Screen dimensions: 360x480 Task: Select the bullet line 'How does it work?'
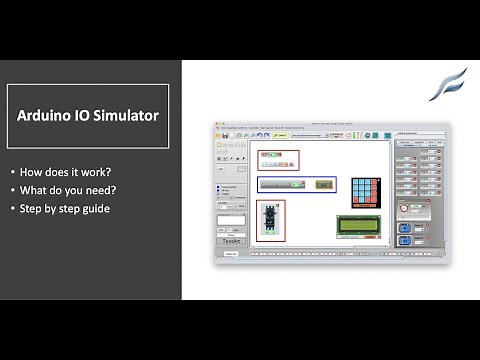pyautogui.click(x=60, y=171)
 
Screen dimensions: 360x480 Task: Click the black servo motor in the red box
pyautogui.click(x=269, y=220)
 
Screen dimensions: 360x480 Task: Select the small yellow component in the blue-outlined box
pyautogui.click(x=323, y=185)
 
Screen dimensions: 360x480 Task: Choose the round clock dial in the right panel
pyautogui.click(x=405, y=208)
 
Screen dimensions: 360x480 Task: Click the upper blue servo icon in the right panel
pyautogui.click(x=405, y=227)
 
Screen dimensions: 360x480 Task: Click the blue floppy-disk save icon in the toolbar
pyautogui.click(x=226, y=135)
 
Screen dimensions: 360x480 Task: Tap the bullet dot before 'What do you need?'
pyautogui.click(x=12, y=190)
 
